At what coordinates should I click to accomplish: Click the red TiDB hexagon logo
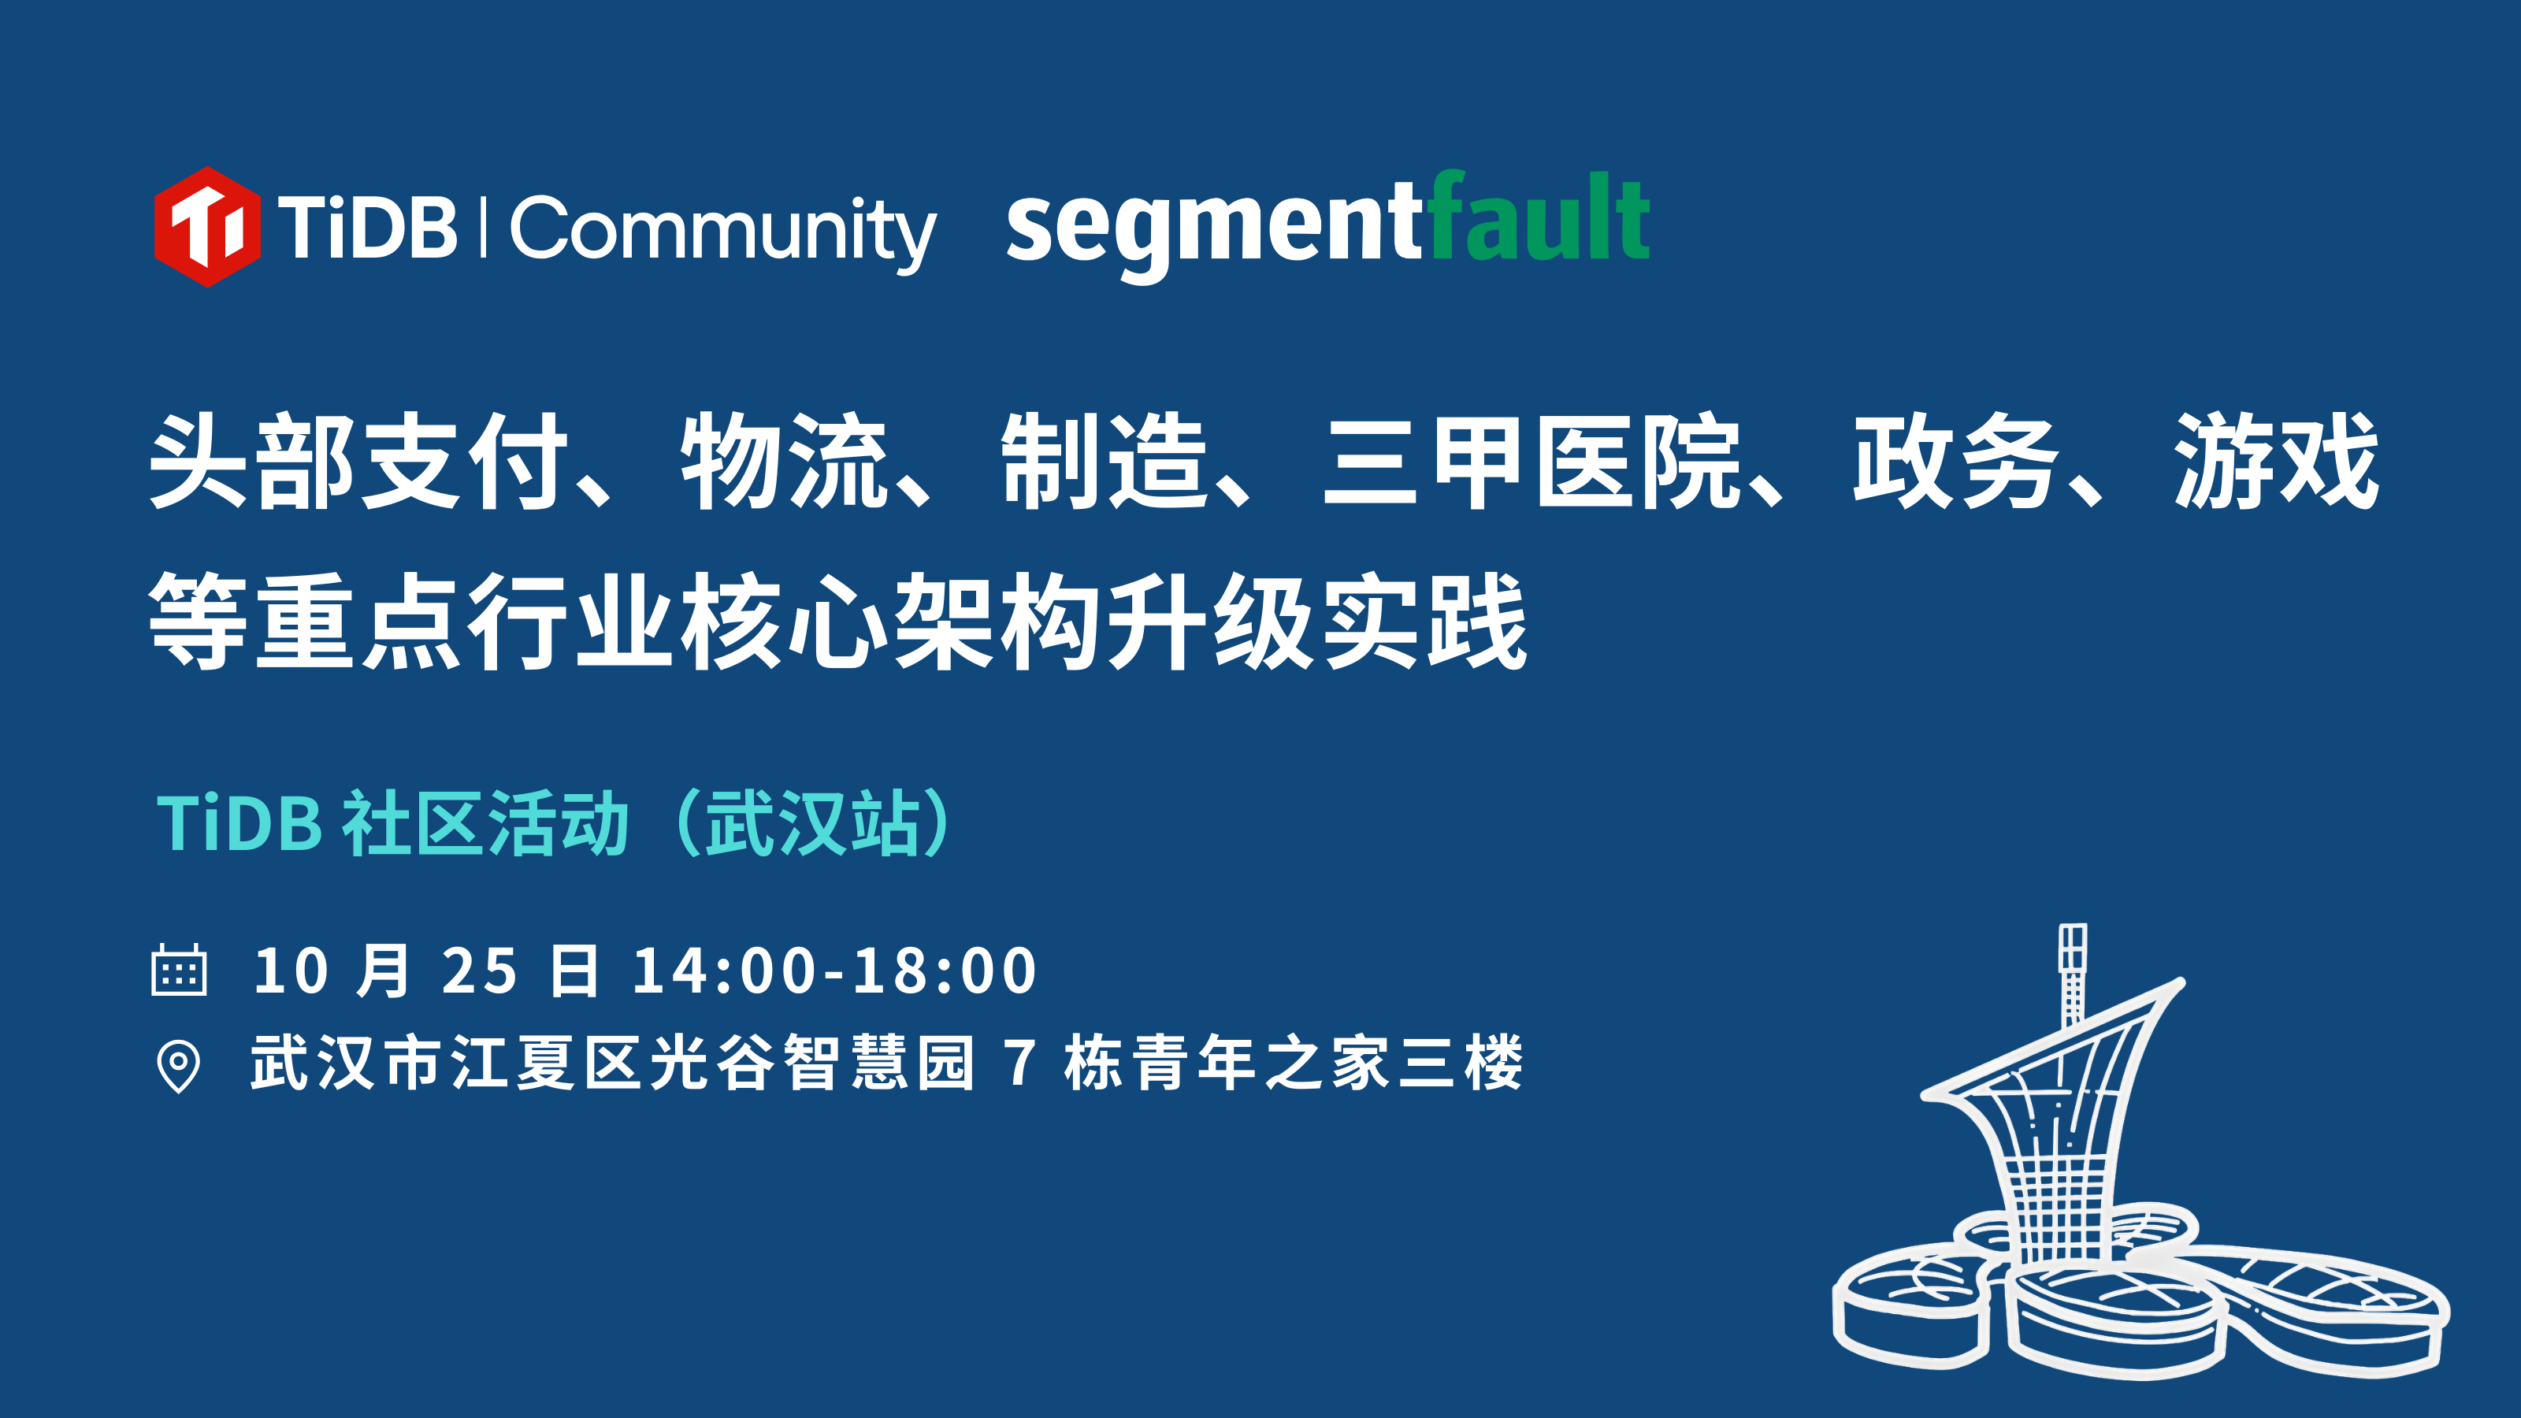pos(206,227)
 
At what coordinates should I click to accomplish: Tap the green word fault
pos(1539,217)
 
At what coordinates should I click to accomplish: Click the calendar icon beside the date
pos(179,970)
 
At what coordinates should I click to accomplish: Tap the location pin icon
pos(178,1066)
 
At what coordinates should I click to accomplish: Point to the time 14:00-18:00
pos(835,971)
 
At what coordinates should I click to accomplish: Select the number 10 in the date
pos(291,971)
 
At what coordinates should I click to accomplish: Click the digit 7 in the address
pos(1019,1063)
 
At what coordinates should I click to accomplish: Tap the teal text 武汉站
pos(815,823)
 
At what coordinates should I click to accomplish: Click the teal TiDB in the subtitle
pos(239,823)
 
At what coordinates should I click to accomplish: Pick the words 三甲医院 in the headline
pos(1532,461)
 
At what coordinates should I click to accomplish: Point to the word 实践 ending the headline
pos(1424,622)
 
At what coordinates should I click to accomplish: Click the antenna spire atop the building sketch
pos(2073,974)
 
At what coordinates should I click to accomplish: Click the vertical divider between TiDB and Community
pos(484,227)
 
